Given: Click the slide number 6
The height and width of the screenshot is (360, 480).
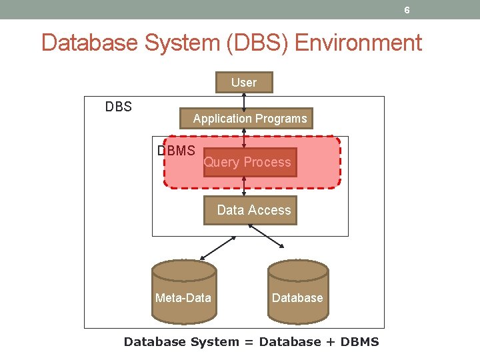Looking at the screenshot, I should pyautogui.click(x=407, y=10).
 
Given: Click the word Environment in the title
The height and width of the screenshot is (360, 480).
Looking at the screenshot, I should pyautogui.click(x=357, y=43).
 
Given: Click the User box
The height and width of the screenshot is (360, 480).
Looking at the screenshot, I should pyautogui.click(x=244, y=83).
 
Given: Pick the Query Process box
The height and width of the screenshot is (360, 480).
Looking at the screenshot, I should pyautogui.click(x=247, y=162).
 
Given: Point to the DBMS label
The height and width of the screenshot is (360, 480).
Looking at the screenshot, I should pyautogui.click(x=176, y=151).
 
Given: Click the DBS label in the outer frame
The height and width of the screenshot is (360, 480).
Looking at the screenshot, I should pyautogui.click(x=119, y=107).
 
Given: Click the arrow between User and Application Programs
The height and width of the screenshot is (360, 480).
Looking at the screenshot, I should pyautogui.click(x=245, y=101).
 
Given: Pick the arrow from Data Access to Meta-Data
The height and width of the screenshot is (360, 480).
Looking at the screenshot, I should pyautogui.click(x=223, y=245).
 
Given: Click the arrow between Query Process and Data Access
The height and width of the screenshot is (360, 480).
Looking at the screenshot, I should pyautogui.click(x=245, y=187).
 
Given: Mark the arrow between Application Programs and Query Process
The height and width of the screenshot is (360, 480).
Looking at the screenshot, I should pyautogui.click(x=245, y=138).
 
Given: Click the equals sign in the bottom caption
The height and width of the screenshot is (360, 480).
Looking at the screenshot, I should pyautogui.click(x=249, y=342).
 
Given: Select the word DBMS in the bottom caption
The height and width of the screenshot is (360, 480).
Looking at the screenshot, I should pyautogui.click(x=359, y=342).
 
